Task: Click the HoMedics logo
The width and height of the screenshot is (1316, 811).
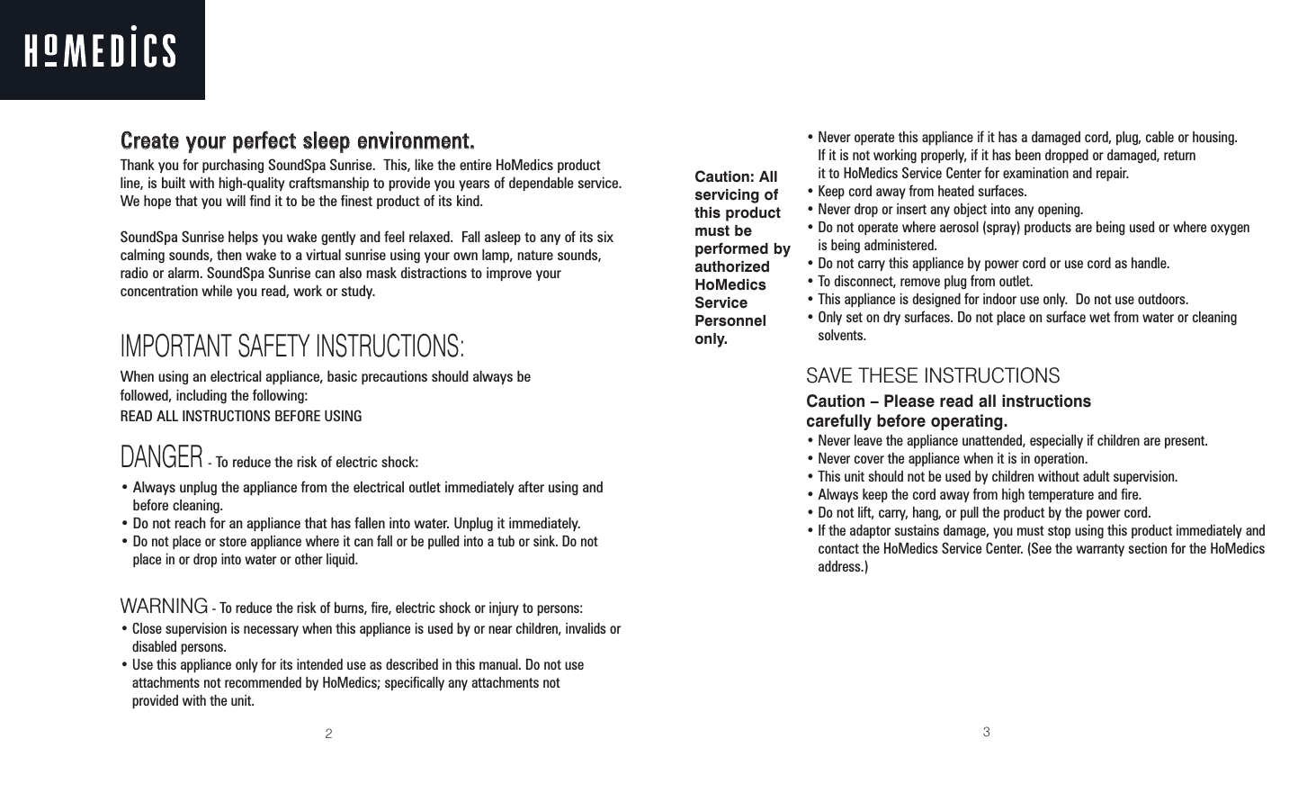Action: tap(100, 50)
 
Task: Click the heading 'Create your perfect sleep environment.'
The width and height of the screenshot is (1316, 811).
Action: tap(297, 142)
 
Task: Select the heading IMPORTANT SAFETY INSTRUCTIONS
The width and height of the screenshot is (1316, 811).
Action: tap(292, 346)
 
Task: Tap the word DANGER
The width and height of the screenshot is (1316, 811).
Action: tap(161, 458)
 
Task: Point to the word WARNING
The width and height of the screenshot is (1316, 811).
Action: tap(164, 603)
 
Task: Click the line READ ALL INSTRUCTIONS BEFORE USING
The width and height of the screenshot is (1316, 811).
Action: tap(241, 417)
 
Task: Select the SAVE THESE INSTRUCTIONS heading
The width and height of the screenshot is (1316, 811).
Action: tap(932, 376)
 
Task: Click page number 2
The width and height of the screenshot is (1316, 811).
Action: tap(329, 734)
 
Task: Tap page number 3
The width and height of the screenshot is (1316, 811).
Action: tap(986, 733)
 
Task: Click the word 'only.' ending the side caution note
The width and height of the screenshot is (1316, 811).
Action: tap(711, 339)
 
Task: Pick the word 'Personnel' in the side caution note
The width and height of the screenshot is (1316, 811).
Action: tap(730, 321)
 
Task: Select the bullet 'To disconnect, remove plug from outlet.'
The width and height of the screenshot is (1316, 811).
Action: tap(924, 282)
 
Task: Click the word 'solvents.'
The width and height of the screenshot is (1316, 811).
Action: tap(842, 337)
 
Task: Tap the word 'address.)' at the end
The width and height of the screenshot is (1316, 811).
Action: tap(843, 568)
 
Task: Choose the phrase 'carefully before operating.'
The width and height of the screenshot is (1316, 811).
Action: tap(907, 422)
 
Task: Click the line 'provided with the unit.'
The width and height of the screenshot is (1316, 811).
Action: tap(193, 701)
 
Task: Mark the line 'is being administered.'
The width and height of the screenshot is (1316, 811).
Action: tap(876, 246)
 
